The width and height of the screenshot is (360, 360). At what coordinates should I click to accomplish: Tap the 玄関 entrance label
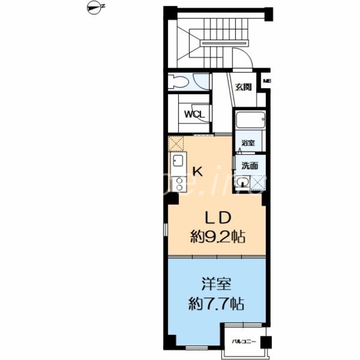coord(243,87)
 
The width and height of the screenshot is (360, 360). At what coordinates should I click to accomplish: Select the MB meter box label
coord(266,81)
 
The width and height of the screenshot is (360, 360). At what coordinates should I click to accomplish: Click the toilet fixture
coord(178,81)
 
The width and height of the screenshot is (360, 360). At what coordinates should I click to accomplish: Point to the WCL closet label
coord(194,114)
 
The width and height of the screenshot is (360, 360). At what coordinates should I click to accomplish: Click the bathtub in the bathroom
coord(249,121)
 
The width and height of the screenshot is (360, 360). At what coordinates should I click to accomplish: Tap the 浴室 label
coord(248,143)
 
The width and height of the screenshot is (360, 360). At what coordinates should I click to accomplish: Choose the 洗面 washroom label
coord(249,165)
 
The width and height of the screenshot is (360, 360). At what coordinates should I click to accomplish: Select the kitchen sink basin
coord(177,160)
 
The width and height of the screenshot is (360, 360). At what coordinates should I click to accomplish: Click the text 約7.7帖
coord(216,305)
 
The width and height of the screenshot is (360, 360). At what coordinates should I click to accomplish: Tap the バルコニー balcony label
coord(243,342)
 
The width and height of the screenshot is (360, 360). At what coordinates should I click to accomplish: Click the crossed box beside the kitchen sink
coord(175,144)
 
